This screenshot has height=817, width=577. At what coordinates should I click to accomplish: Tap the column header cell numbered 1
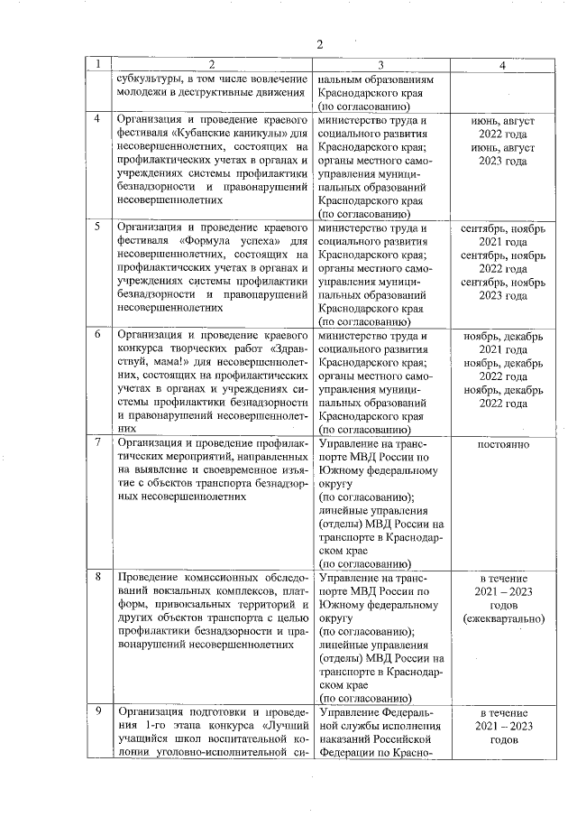tap(96, 65)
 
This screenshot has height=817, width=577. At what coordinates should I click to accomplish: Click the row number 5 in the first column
tap(97, 227)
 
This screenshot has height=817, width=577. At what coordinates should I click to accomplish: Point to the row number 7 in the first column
tap(97, 443)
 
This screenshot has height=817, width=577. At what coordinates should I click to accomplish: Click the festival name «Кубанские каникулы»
tap(229, 133)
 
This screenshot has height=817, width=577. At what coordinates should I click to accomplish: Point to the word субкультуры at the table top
tap(150, 79)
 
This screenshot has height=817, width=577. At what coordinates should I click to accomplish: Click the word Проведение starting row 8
tap(152, 577)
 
